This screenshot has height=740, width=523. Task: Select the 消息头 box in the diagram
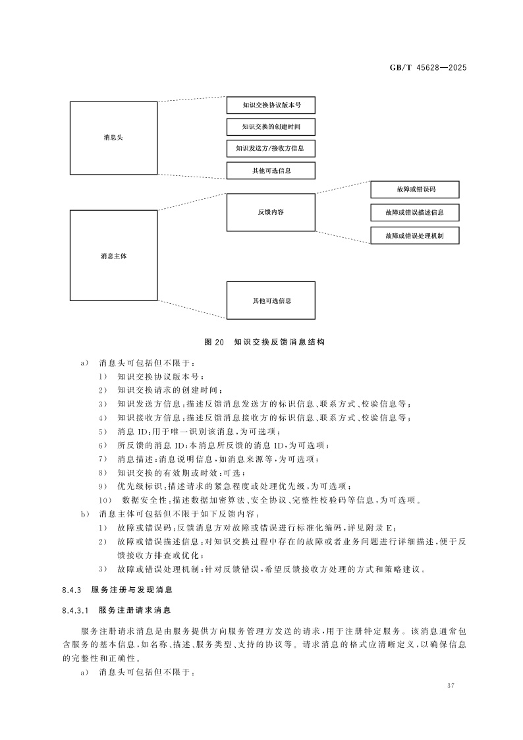pyautogui.click(x=113, y=138)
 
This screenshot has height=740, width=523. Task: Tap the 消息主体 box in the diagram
pyautogui.click(x=113, y=255)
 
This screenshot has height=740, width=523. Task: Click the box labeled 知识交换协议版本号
pyautogui.click(x=271, y=105)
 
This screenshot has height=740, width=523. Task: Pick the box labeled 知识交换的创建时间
pyautogui.click(x=271, y=127)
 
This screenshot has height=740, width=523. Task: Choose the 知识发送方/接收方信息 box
pyautogui.click(x=271, y=148)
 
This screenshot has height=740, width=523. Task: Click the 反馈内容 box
pyautogui.click(x=271, y=212)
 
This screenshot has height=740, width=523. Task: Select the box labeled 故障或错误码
pyautogui.click(x=414, y=190)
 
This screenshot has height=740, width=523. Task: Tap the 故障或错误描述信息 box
pyautogui.click(x=414, y=213)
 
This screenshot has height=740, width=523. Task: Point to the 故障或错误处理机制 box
pyautogui.click(x=414, y=235)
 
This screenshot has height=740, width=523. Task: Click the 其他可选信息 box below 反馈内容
pyautogui.click(x=271, y=300)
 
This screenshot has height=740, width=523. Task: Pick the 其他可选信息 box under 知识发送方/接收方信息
pyautogui.click(x=271, y=170)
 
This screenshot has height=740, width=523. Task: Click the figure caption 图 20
pyautogui.click(x=215, y=342)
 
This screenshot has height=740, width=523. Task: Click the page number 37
pyautogui.click(x=451, y=687)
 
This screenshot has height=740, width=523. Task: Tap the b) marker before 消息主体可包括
pyautogui.click(x=85, y=513)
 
